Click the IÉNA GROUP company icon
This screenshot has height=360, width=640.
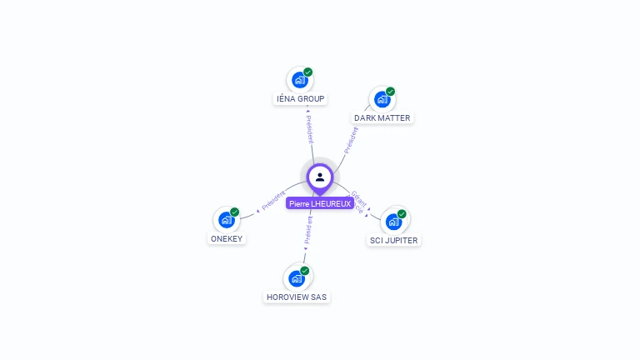[299, 81]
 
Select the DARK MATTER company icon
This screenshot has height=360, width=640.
[382, 100]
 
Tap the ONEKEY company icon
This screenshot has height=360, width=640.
[226, 220]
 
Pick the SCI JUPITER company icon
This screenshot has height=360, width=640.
[393, 222]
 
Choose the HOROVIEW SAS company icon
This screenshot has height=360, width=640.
[296, 278]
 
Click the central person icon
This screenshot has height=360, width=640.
[320, 177]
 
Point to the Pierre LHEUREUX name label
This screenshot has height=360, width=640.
[320, 203]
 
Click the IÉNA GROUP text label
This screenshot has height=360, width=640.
[300, 99]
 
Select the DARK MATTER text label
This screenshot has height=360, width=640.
[382, 118]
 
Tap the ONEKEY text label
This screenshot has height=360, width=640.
[227, 239]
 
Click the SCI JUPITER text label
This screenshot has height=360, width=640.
[394, 241]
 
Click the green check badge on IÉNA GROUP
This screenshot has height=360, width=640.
[308, 72]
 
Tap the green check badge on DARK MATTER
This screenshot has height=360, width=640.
[391, 92]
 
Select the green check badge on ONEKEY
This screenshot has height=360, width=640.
[235, 212]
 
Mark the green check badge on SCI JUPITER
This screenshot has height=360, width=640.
[402, 214]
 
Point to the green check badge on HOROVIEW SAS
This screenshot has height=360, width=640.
[305, 271]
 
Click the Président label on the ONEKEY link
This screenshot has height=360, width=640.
[273, 201]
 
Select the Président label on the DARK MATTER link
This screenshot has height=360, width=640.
[351, 139]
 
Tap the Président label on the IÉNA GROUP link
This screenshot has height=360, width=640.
[309, 130]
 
